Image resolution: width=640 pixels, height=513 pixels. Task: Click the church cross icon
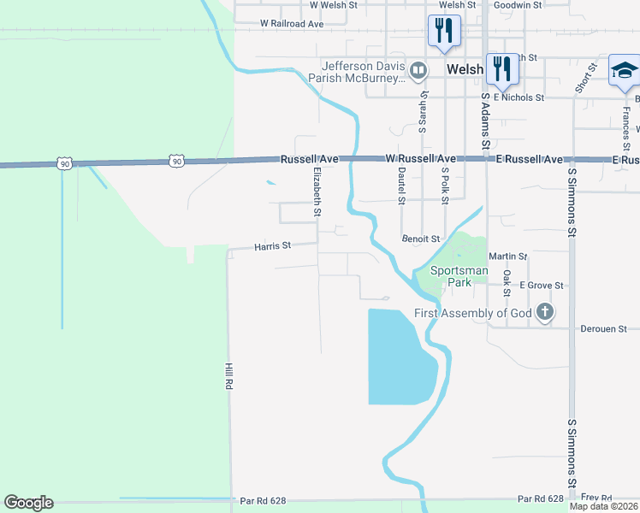click(x=545, y=313)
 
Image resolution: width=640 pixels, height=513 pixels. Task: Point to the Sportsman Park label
click(x=459, y=276)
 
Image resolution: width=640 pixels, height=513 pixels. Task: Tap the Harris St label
click(x=273, y=245)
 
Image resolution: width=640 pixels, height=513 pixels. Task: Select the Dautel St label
click(x=400, y=186)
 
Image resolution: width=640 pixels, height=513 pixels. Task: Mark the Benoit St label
click(x=421, y=239)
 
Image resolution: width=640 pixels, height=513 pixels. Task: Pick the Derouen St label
click(x=604, y=328)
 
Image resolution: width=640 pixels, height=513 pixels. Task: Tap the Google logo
click(x=28, y=503)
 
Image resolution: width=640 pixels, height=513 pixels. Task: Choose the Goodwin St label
click(x=519, y=5)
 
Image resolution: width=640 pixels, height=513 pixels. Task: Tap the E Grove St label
click(x=542, y=286)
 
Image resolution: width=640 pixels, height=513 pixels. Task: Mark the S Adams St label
click(x=485, y=120)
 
